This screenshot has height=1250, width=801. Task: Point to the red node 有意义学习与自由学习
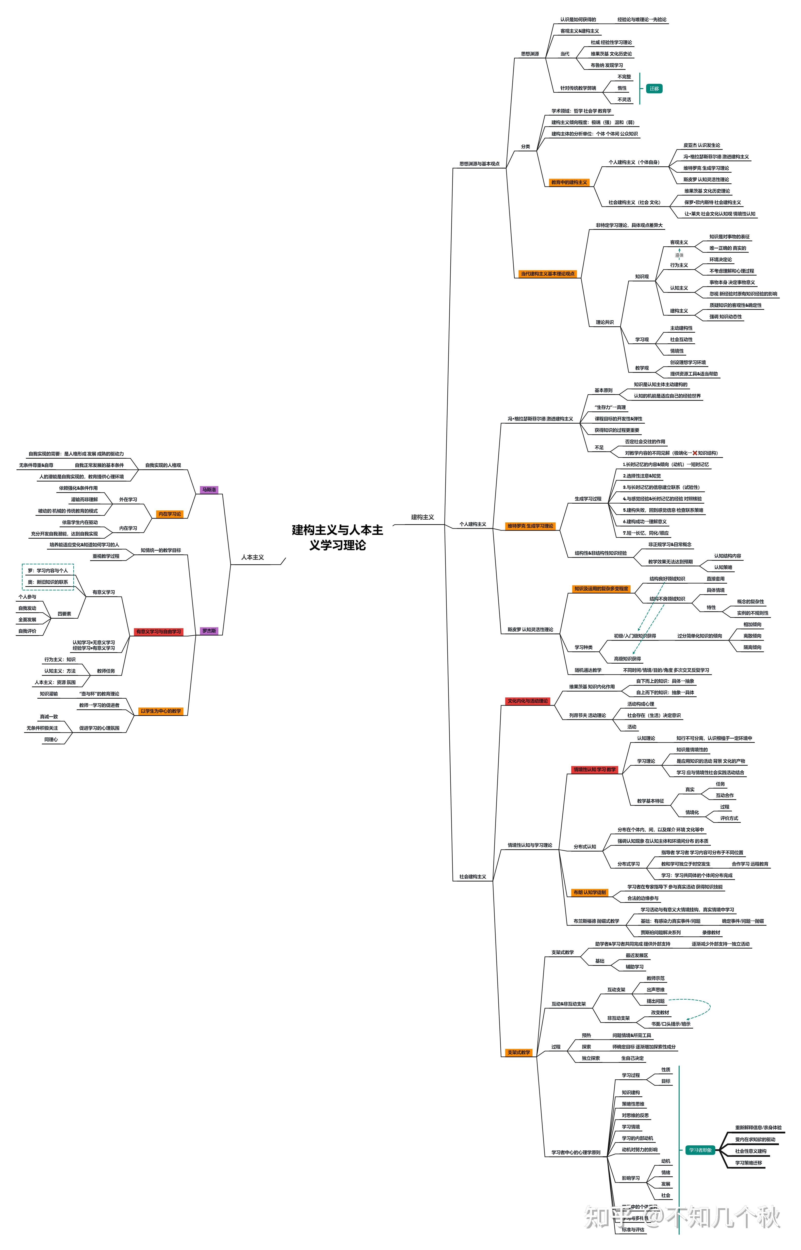(x=159, y=632)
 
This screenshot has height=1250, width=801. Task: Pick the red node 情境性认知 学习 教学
(x=595, y=769)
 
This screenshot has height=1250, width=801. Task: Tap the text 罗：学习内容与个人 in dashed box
(x=48, y=571)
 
